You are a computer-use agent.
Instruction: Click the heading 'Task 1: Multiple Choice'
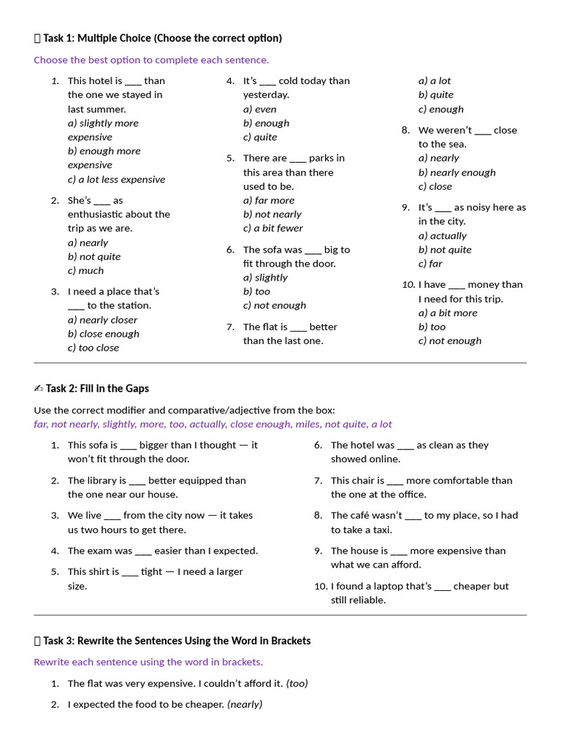[161, 38]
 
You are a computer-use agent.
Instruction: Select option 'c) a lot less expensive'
[116, 179]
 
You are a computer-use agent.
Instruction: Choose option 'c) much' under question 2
[85, 270]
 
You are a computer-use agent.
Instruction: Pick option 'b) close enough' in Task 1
[103, 334]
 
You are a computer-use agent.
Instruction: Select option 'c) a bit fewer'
[272, 228]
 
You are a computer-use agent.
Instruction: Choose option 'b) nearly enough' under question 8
[457, 172]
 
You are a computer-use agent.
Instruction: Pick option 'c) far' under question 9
[430, 264]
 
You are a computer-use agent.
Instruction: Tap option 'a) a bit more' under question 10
[448, 313]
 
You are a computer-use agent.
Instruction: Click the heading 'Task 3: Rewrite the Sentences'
[176, 641]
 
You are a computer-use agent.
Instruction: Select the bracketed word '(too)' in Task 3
[297, 684]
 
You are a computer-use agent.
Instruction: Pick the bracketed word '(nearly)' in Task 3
[245, 705]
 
